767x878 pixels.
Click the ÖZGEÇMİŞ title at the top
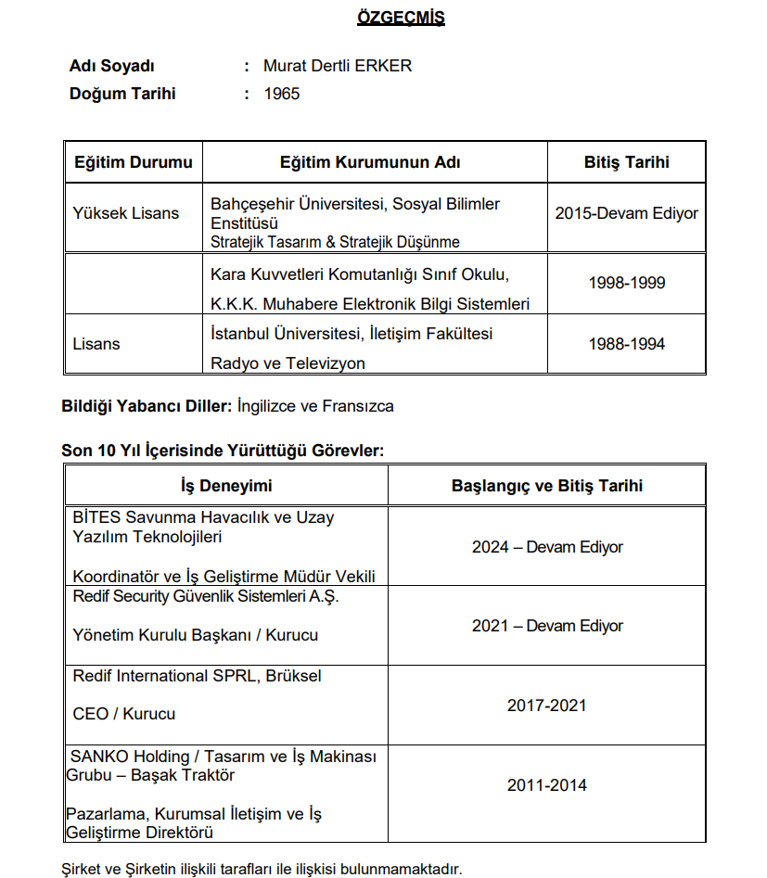(401, 18)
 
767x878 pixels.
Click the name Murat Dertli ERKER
(338, 66)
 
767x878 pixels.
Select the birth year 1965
(282, 94)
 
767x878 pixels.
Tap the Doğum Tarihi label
(122, 94)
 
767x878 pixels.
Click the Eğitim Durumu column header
(134, 162)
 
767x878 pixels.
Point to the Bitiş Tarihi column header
(626, 162)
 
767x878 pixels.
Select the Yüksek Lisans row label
(126, 213)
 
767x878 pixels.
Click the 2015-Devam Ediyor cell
(626, 213)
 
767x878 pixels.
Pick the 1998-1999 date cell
(626, 283)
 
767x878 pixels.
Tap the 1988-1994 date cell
(626, 344)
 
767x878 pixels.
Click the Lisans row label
(96, 344)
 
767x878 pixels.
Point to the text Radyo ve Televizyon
(288, 363)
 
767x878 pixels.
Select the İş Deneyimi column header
(226, 486)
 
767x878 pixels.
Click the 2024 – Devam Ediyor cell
(547, 547)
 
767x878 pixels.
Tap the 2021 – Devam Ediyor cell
(547, 626)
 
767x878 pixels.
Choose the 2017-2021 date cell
(547, 706)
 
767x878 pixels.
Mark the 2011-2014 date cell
(547, 785)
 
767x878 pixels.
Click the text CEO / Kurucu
(123, 714)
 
